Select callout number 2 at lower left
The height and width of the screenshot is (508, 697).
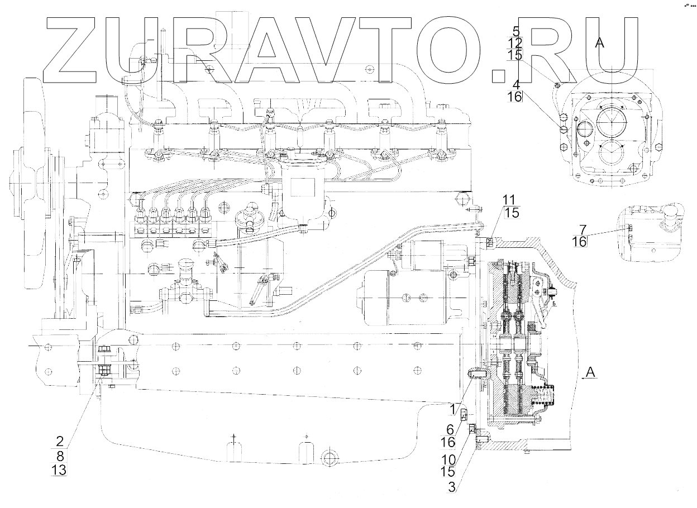click(60, 439)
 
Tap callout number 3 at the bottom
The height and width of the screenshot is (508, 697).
click(452, 486)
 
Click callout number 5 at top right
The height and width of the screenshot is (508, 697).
click(515, 31)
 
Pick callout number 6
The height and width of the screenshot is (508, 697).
click(451, 429)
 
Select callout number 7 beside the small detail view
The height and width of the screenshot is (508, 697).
click(583, 229)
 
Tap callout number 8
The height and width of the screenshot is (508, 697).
click(60, 454)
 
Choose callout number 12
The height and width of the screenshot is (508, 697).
click(515, 43)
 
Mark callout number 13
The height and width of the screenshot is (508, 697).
click(59, 471)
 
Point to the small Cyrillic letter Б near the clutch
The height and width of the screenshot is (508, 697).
click(553, 304)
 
